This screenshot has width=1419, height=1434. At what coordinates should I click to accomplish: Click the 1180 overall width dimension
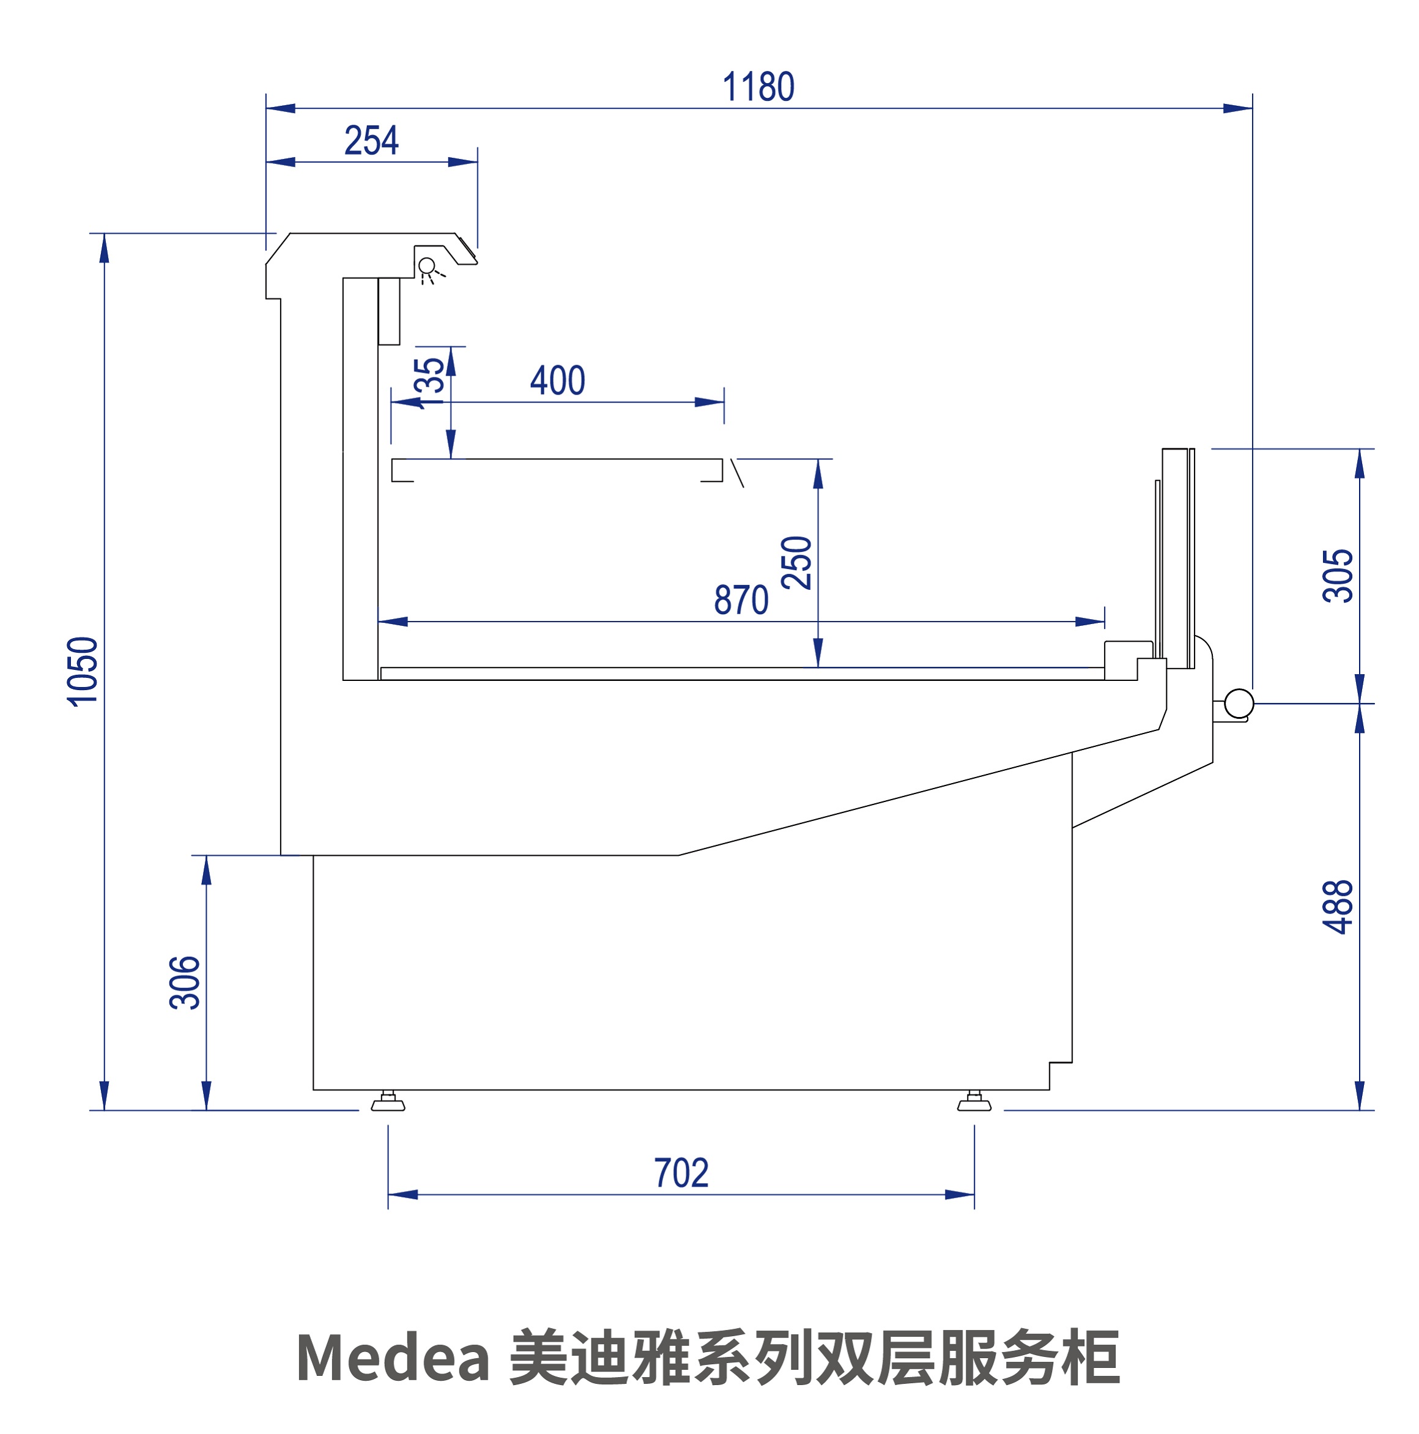(758, 87)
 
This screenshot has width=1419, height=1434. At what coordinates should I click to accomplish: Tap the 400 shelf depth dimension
(557, 381)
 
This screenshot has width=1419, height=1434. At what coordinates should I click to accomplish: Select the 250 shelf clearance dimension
(796, 563)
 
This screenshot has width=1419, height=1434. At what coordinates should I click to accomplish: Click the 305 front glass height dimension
(1338, 576)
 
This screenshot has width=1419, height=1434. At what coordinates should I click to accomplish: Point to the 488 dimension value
(1338, 907)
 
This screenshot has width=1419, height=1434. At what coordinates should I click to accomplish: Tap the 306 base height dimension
(185, 983)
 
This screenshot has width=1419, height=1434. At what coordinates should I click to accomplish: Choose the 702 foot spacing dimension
(681, 1173)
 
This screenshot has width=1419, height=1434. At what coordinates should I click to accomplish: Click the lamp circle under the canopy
(427, 266)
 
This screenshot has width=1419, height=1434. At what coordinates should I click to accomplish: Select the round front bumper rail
(1239, 703)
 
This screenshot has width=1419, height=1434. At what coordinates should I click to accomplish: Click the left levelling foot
(387, 1102)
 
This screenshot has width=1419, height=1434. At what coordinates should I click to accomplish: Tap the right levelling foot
(974, 1102)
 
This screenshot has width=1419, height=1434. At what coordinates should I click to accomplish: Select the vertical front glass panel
(1177, 557)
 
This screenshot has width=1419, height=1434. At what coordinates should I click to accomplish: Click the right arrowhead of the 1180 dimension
(1238, 108)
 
